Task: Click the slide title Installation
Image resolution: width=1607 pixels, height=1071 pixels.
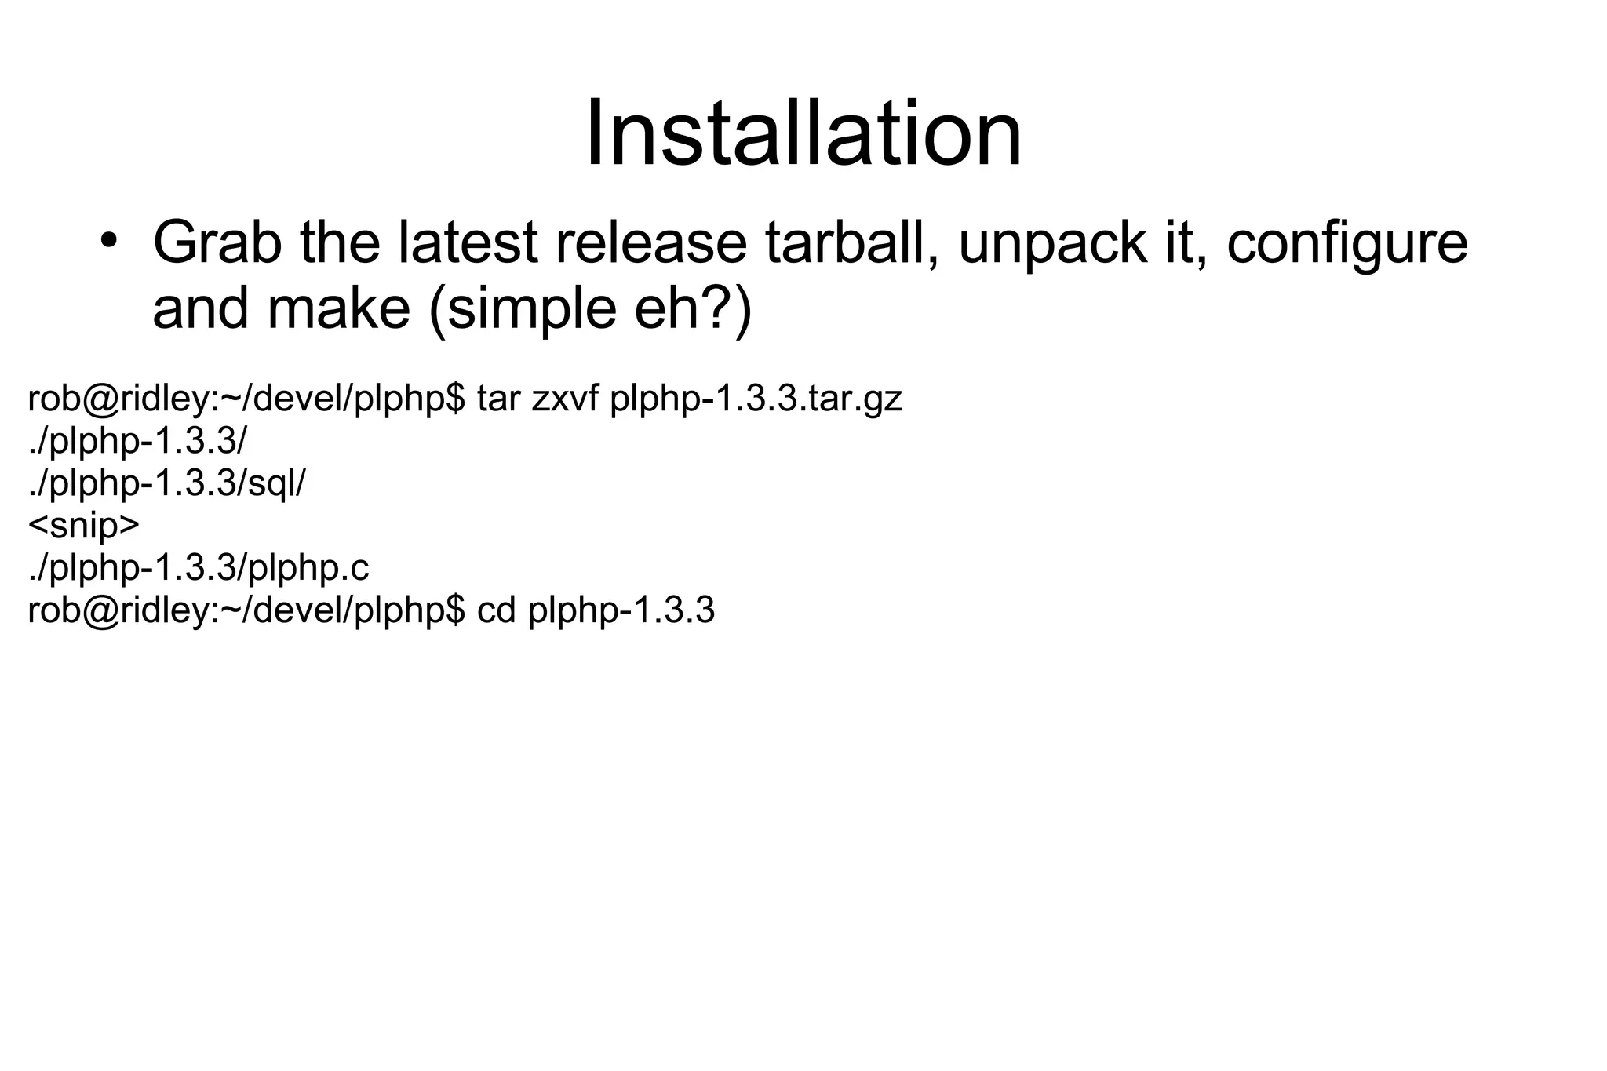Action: tap(803, 133)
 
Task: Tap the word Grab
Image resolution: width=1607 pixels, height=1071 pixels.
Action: tap(217, 243)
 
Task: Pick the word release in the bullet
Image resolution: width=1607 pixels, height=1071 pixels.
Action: tap(651, 243)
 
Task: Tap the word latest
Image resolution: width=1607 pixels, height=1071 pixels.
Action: tap(468, 243)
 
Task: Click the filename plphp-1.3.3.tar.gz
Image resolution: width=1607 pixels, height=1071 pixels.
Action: tap(756, 399)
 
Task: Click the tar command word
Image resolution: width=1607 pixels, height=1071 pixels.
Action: tap(499, 399)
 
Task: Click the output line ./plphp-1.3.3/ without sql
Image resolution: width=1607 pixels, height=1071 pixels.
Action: tap(137, 442)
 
